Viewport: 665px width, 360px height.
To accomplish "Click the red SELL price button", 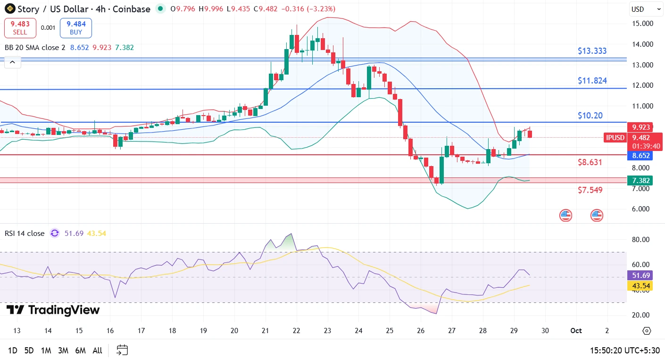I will click(20, 28).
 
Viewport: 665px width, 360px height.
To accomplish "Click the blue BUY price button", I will click(75, 28).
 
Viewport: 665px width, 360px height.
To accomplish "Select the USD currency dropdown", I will click(646, 9).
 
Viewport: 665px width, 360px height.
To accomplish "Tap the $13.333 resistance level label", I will click(592, 51).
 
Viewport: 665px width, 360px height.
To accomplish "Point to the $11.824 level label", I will click(592, 81).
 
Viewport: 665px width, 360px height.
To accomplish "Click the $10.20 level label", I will click(590, 116).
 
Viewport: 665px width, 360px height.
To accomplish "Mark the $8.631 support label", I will click(590, 162).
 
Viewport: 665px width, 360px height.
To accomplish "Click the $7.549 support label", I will click(590, 190).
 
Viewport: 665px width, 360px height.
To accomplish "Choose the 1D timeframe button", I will click(13, 351).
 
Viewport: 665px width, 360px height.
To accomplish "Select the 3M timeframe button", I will click(63, 351).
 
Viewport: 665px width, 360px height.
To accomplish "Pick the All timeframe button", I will click(97, 351).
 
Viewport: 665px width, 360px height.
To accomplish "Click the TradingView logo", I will click(53, 310).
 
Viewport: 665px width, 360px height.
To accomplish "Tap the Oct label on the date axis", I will click(576, 331).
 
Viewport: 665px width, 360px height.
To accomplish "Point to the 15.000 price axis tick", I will click(642, 24).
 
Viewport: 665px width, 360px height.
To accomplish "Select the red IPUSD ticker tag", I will click(615, 138).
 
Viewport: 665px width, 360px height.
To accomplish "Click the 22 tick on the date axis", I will click(296, 331).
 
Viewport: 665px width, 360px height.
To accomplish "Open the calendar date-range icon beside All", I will click(122, 350).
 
